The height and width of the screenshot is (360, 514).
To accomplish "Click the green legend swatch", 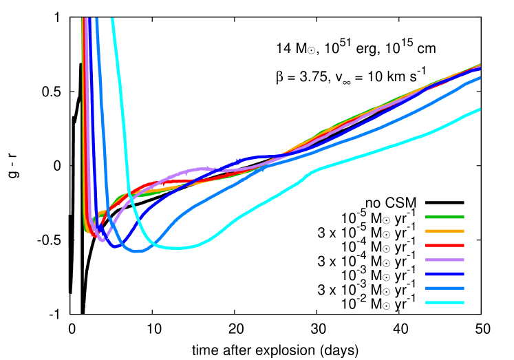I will [x=445, y=217].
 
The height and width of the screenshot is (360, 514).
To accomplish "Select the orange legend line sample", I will [x=445, y=231].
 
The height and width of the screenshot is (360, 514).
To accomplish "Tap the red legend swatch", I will [x=445, y=245].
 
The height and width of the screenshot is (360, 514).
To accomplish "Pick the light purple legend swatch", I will [x=445, y=260].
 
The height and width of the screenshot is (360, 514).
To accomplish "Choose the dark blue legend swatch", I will [x=445, y=274].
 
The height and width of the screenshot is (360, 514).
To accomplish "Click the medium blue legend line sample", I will [x=445, y=288].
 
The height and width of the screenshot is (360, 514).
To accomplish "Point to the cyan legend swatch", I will [x=445, y=303].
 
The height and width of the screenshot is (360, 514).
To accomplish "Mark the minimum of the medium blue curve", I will [x=138, y=251].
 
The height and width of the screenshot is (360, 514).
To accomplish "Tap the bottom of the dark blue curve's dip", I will [x=116, y=246].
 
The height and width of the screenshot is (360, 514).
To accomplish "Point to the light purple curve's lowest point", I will [x=103, y=240].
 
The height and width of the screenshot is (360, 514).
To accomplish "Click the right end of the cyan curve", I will [x=480, y=109].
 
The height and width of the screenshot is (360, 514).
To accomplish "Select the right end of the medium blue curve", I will [x=480, y=78].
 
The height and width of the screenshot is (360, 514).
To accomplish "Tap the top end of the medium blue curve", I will [x=96, y=19].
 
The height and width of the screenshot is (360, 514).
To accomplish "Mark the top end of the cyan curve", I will [x=112, y=19].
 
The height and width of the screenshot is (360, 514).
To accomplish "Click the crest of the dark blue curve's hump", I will [x=260, y=157].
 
